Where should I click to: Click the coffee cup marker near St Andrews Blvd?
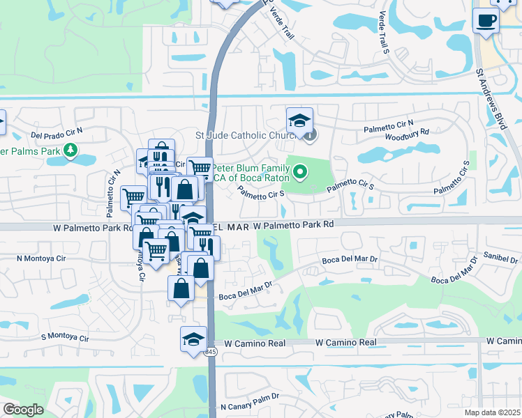(x=485, y=20)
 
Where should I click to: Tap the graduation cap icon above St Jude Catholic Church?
(x=299, y=121)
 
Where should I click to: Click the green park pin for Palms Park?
(x=70, y=150)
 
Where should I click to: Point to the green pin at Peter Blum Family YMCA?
(x=300, y=170)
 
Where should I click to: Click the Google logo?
(x=23, y=410)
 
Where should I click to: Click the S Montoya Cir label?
(x=65, y=338)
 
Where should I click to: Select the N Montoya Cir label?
(x=42, y=258)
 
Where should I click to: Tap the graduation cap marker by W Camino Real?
(x=193, y=339)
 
